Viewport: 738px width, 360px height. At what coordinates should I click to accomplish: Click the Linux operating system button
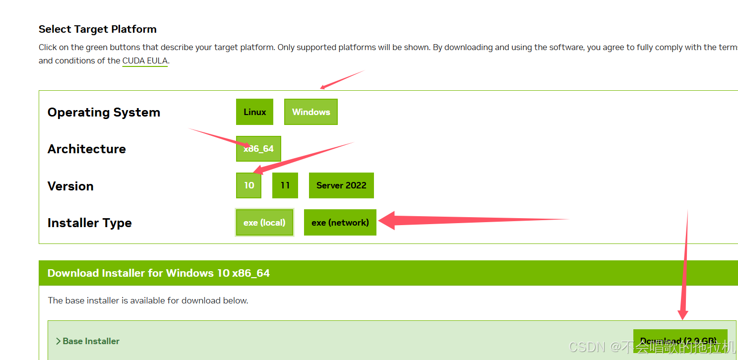pyautogui.click(x=254, y=112)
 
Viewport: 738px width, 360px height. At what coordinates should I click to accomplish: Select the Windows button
pyautogui.click(x=311, y=112)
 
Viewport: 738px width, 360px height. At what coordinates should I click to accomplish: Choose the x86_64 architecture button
pyautogui.click(x=258, y=149)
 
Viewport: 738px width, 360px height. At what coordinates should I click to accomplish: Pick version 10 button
pyautogui.click(x=249, y=185)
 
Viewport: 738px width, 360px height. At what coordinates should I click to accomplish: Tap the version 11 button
pyautogui.click(x=285, y=185)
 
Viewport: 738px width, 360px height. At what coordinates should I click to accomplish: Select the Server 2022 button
pyautogui.click(x=341, y=185)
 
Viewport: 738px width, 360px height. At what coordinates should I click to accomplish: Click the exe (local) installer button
pyautogui.click(x=264, y=223)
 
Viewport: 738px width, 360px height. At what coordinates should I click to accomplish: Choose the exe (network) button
pyautogui.click(x=340, y=223)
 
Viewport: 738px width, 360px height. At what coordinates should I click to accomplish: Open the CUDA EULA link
pyautogui.click(x=145, y=61)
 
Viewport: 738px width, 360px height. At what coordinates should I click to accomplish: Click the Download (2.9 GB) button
pyautogui.click(x=680, y=341)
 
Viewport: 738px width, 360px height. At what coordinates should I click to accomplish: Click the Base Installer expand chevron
pyautogui.click(x=58, y=341)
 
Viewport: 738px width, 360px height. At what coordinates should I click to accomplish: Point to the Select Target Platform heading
pyautogui.click(x=98, y=29)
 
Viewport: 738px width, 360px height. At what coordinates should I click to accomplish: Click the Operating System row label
pyautogui.click(x=104, y=113)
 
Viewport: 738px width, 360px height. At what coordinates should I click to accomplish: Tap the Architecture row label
pyautogui.click(x=87, y=149)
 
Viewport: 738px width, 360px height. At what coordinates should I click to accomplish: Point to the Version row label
pyautogui.click(x=70, y=186)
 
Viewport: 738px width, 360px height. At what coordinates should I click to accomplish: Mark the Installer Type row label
pyautogui.click(x=90, y=223)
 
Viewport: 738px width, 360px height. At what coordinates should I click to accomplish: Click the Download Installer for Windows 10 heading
pyautogui.click(x=159, y=273)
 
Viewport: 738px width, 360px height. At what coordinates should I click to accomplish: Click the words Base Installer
pyautogui.click(x=91, y=341)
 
